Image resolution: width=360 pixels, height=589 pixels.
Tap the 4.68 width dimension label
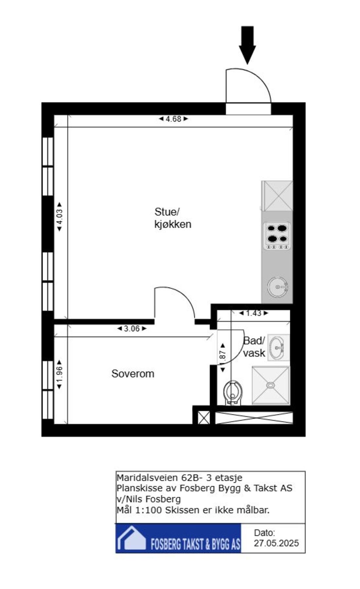click(x=173, y=119)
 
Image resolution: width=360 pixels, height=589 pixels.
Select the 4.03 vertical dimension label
click(x=59, y=217)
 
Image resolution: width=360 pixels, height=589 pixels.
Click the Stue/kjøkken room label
click(x=172, y=218)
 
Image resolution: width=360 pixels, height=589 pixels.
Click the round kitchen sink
click(x=278, y=287)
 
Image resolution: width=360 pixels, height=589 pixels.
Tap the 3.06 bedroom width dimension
click(x=132, y=329)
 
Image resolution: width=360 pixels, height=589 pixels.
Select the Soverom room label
click(x=133, y=374)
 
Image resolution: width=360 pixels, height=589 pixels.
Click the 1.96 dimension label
click(x=59, y=374)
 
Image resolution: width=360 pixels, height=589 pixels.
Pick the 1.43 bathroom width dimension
click(x=253, y=313)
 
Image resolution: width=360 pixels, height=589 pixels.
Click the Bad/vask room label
click(x=254, y=347)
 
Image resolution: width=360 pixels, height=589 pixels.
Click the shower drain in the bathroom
click(x=271, y=385)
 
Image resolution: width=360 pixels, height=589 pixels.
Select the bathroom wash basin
click(x=278, y=347)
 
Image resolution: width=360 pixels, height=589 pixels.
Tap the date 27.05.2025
click(x=276, y=543)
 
